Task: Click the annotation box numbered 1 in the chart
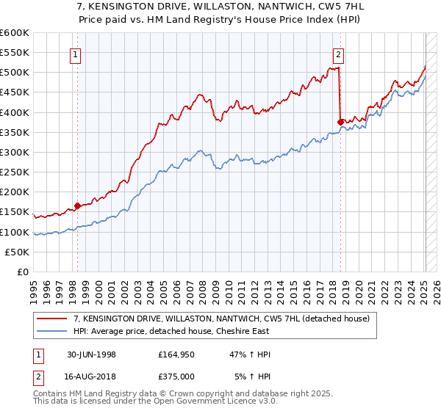[77, 54]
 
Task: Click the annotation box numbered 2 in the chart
[338, 54]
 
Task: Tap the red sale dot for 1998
[78, 206]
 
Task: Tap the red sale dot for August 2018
[340, 122]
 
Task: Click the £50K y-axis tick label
[17, 252]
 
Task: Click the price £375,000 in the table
[176, 375]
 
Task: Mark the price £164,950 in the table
[176, 354]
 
